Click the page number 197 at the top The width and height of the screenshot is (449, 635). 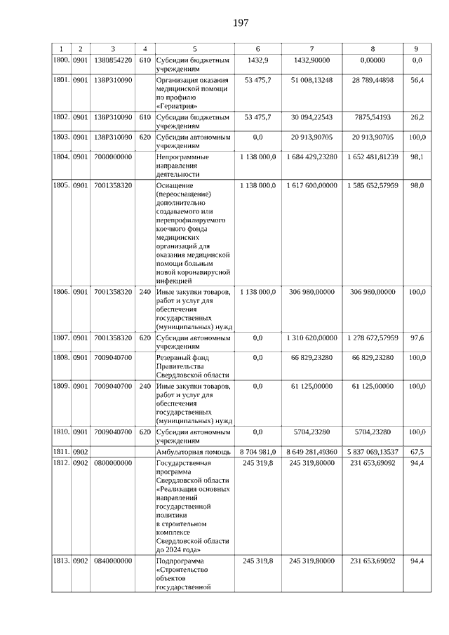click(x=240, y=23)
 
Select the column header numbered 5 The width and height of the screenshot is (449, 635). click(x=194, y=49)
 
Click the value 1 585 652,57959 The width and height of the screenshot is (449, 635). click(x=372, y=185)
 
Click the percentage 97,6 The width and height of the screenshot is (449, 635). click(x=417, y=337)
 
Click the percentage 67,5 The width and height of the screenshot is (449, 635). click(x=417, y=452)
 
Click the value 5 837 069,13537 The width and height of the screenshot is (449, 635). click(x=372, y=452)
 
